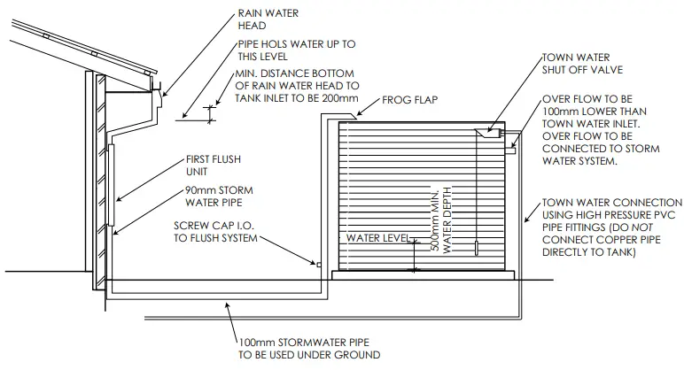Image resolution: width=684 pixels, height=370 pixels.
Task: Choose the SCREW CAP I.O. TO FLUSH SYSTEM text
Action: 217,233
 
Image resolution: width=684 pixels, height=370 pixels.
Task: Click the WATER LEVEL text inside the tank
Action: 377,239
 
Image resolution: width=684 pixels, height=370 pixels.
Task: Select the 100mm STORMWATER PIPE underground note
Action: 307,349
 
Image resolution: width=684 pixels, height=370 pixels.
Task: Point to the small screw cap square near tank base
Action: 318,263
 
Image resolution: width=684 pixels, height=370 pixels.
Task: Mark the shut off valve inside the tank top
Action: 488,134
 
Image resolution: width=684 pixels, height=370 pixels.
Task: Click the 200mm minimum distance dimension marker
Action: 211,112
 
